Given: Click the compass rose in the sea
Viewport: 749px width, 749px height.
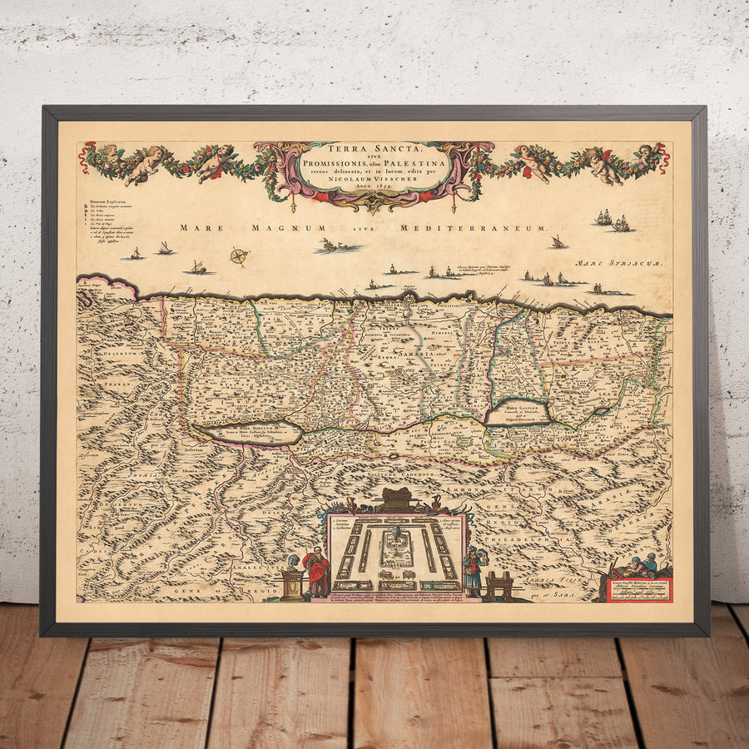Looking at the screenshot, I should [239, 256].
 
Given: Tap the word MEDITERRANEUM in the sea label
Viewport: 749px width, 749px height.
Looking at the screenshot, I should [474, 227].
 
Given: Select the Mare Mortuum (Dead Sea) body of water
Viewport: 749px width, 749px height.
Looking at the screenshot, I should [248, 432].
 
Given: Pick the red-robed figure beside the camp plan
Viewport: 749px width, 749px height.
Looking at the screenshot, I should [317, 572].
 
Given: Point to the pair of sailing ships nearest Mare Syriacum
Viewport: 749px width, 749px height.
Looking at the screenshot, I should [613, 220].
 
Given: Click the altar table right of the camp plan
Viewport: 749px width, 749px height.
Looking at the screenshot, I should [499, 585].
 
